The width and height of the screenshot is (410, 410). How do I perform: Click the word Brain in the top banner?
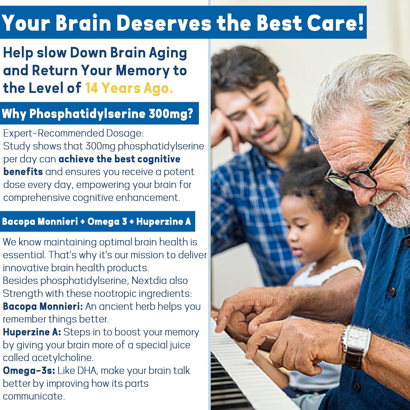coord(84,23)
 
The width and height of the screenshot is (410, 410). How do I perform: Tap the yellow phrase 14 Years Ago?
coord(129,88)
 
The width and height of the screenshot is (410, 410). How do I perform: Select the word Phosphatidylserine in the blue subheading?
coord(87,114)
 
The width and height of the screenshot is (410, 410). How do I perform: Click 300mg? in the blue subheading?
coord(171,114)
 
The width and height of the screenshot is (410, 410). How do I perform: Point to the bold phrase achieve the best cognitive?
coord(119,159)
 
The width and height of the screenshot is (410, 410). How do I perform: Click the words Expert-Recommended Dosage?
coord(73,133)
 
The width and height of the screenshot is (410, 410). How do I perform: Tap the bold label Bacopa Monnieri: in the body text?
coord(43,306)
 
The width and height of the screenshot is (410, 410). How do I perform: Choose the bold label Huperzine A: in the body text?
coord(32,332)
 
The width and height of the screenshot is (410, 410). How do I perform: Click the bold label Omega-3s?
coord(29,371)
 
